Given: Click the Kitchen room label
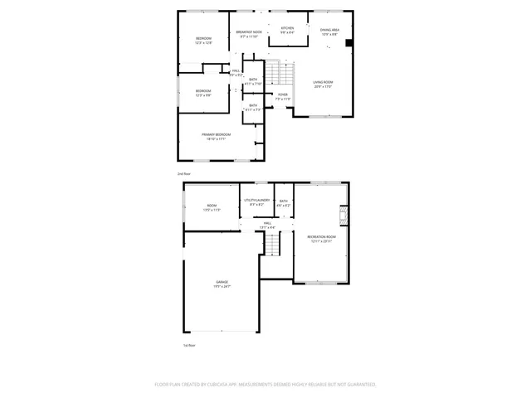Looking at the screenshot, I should (286, 28).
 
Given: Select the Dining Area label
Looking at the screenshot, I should (329, 30).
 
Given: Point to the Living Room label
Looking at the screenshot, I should (323, 82).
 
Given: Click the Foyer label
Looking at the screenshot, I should (283, 95).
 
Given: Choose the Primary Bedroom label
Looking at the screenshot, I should (216, 134).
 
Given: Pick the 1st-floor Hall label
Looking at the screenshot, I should (268, 223).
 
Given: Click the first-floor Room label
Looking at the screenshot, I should (212, 206).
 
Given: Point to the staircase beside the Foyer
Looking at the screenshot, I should (285, 75).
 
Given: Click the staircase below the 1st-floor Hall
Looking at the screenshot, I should (272, 244).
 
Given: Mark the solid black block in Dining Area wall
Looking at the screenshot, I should (348, 43).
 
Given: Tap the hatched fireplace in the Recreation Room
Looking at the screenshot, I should (339, 217).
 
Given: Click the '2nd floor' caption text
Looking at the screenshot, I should (184, 174).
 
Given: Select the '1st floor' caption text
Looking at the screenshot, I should (189, 345).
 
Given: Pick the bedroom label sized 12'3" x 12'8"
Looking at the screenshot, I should (203, 39).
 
